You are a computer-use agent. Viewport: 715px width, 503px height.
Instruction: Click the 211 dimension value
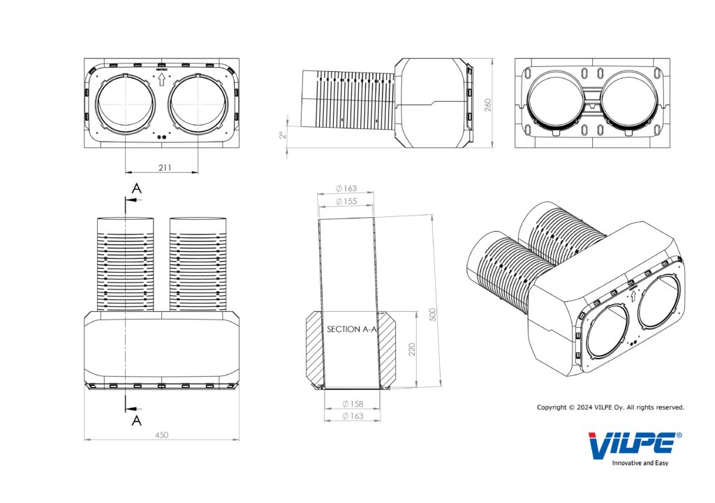coord(165,167)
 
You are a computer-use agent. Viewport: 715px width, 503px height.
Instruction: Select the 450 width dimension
coord(161,435)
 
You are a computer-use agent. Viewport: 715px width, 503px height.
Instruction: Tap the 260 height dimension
coord(488,104)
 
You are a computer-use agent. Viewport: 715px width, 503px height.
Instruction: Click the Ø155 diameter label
coord(346,201)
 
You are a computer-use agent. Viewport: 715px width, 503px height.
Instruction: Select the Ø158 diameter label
coord(353,404)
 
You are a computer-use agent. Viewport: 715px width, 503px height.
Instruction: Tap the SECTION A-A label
coord(352,329)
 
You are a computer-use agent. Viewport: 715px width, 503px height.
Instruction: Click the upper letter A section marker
coord(136,189)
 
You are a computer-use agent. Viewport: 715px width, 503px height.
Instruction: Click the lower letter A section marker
coord(137,419)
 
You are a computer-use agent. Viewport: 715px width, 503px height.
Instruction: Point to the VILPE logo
coord(631,446)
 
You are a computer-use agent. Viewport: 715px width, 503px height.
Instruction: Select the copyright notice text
coord(610,407)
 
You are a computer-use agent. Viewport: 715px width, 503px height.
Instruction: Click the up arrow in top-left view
coord(161,81)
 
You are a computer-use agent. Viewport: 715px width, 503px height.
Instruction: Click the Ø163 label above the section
coord(346,188)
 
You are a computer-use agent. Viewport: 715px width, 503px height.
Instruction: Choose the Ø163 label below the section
coord(353,416)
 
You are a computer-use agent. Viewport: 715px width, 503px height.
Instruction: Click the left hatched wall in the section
coord(314,349)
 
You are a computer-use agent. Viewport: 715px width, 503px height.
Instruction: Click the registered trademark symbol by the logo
coord(679,435)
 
